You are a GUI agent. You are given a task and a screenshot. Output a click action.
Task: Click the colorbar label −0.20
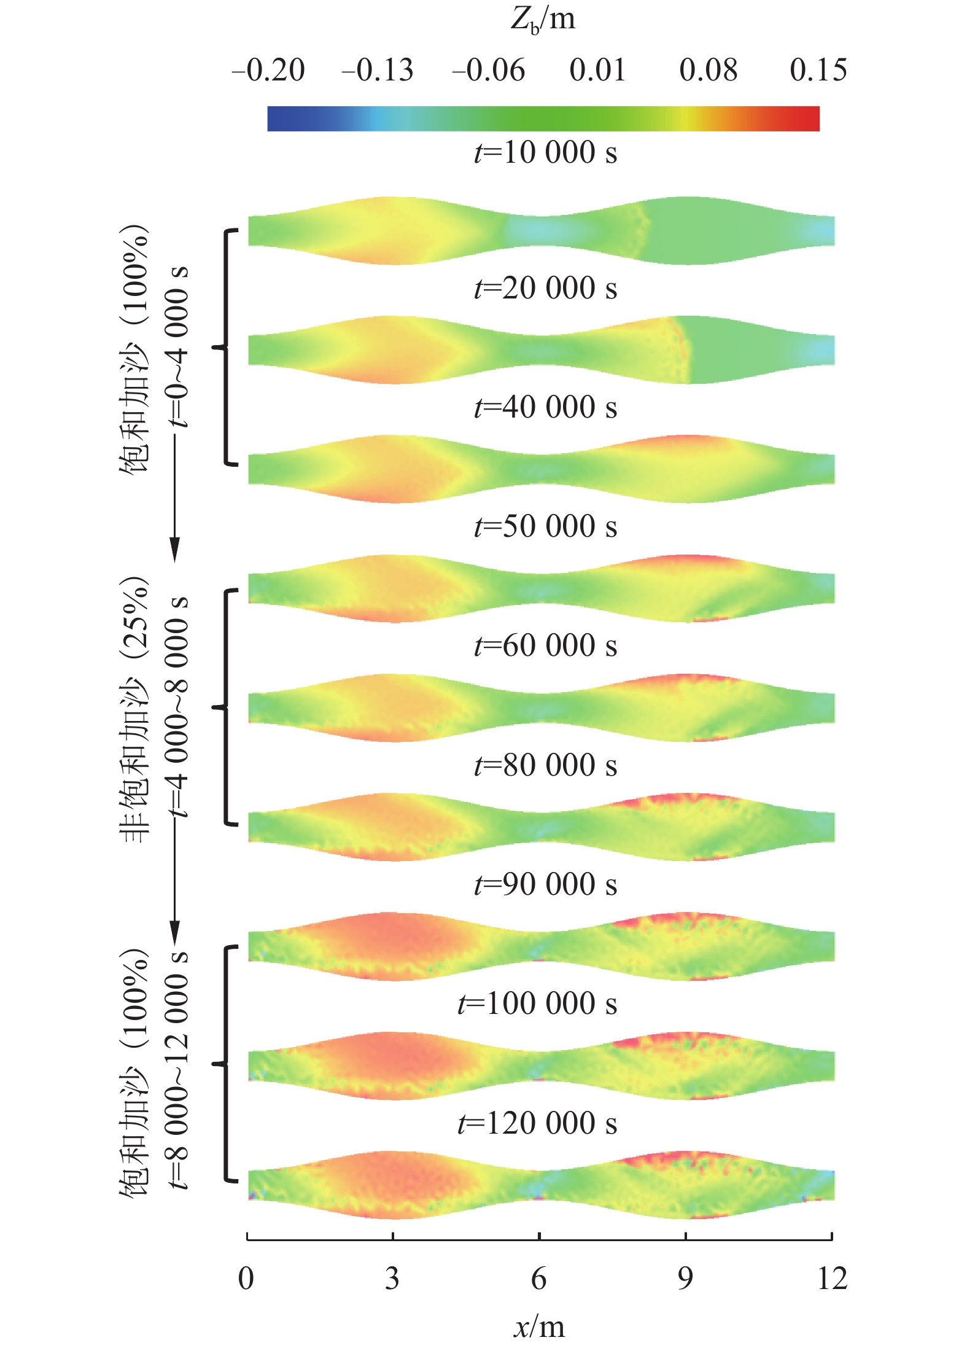pos(268,70)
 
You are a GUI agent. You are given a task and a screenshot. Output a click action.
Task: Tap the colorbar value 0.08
pos(708,70)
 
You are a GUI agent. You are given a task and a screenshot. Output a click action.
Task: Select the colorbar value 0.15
pos(818,70)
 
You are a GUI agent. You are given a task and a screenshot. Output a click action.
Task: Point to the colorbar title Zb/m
pos(543,21)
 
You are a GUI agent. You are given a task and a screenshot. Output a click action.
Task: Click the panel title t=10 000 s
pos(545,152)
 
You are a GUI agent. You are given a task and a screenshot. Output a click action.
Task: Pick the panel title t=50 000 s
pos(545,526)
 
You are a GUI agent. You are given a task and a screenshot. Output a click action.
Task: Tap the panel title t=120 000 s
pos(537,1123)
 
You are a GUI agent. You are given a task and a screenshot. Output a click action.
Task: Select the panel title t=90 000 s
pos(545,884)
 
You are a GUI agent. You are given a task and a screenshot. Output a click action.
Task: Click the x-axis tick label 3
pos(392,1279)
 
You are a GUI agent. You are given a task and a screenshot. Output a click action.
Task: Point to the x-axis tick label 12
pos(832,1279)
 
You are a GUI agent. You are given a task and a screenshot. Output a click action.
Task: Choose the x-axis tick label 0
pos(246,1279)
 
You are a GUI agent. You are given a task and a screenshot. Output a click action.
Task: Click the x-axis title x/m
pos(539,1328)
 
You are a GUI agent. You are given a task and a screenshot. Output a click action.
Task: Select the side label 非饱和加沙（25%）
pos(134,709)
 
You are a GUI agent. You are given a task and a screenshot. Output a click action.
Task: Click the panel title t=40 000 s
pos(545,407)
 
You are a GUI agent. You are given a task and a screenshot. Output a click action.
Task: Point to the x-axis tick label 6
pos(538,1279)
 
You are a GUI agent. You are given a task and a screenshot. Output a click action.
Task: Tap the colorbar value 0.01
pos(597,70)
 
